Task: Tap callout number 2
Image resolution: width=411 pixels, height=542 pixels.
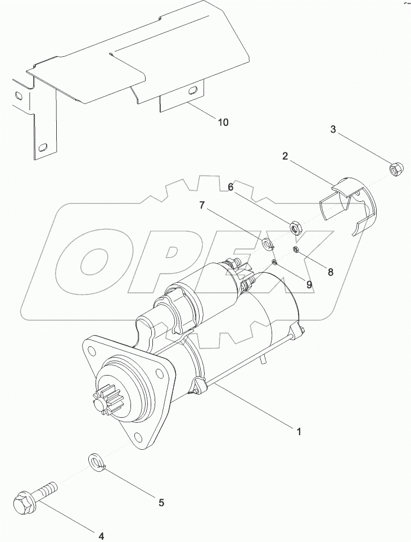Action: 286,156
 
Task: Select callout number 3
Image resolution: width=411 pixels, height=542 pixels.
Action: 333,130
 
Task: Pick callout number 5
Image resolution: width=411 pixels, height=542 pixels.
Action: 161,503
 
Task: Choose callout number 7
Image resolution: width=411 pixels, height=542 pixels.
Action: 202,206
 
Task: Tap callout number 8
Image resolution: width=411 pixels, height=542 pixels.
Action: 330,272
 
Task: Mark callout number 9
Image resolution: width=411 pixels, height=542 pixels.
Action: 309,284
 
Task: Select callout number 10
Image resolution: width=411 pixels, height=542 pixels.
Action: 223,122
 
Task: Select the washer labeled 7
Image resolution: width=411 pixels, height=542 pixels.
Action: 268,243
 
